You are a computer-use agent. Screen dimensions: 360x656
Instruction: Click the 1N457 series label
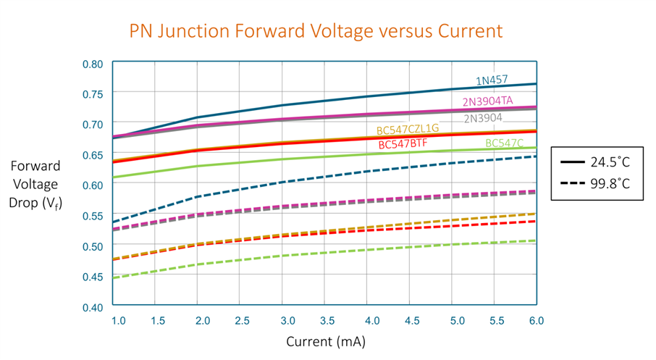492,80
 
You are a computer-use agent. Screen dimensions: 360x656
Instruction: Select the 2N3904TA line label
487,101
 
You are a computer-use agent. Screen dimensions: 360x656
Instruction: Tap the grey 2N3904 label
482,118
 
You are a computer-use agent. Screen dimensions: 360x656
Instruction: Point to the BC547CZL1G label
403,129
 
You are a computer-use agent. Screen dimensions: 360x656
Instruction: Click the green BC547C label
504,143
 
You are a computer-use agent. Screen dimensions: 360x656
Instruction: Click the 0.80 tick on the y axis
92,64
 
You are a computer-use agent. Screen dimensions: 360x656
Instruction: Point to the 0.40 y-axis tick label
92,307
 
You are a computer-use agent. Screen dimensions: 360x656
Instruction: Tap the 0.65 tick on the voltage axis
92,155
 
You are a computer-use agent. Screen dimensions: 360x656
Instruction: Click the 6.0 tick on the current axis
537,320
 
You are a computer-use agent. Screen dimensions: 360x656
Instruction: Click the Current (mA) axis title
325,341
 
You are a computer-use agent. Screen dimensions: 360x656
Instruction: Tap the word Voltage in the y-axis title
35,185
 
